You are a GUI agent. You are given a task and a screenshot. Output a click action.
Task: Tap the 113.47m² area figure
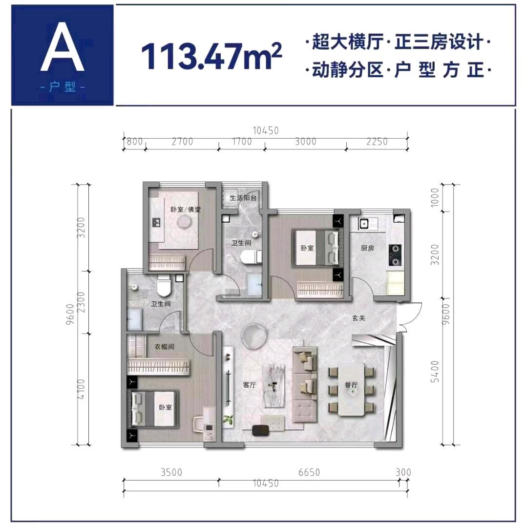click(x=211, y=56)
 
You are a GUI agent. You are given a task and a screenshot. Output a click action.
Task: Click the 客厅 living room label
click(x=250, y=385)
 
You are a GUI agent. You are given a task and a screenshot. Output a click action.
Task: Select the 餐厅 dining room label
click(x=351, y=385)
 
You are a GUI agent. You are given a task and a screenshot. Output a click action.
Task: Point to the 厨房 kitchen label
click(x=367, y=248)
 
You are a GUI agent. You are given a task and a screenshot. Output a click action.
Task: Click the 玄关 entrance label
click(x=358, y=318)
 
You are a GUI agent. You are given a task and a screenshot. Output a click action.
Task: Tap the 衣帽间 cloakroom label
click(x=164, y=346)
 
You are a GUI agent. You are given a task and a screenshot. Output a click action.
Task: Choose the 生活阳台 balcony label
click(x=243, y=198)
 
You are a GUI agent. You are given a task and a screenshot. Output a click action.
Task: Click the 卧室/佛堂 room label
click(x=186, y=210)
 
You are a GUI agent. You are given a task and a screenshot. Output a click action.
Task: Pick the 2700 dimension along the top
click(x=183, y=142)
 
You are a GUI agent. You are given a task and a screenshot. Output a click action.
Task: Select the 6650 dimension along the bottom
click(x=309, y=472)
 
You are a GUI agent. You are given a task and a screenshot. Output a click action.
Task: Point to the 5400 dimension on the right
click(x=435, y=371)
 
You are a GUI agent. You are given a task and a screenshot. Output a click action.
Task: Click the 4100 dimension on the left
click(x=82, y=389)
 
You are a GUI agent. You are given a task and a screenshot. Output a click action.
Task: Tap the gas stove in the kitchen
click(x=395, y=255)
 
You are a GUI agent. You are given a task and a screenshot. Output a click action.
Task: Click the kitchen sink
click(x=363, y=223)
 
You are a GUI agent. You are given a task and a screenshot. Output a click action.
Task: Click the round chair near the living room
click(x=254, y=335)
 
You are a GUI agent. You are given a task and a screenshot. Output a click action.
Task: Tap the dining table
click(x=351, y=390)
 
